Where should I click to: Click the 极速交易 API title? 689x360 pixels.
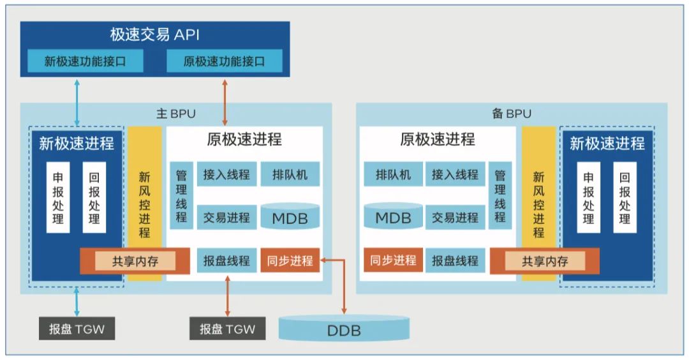click(x=154, y=35)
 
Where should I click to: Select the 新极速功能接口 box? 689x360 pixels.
click(x=85, y=62)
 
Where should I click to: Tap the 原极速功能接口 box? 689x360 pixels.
click(x=224, y=62)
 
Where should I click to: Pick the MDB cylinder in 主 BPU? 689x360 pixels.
click(x=290, y=217)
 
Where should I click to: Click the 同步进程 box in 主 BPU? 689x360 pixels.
click(x=290, y=260)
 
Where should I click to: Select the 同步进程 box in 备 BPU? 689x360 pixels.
click(x=394, y=260)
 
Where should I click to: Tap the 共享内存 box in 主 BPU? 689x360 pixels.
click(x=135, y=260)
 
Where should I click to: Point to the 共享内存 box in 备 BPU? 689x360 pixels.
click(x=545, y=260)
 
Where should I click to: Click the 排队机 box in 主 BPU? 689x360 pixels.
click(x=290, y=174)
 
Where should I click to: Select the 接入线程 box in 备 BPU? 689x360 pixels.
click(x=455, y=174)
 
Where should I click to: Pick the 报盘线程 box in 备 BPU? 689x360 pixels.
click(x=455, y=260)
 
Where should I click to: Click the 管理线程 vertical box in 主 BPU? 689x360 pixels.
click(x=181, y=195)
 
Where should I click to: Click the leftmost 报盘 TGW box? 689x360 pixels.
click(x=77, y=329)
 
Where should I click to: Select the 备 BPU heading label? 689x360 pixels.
click(x=511, y=114)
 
